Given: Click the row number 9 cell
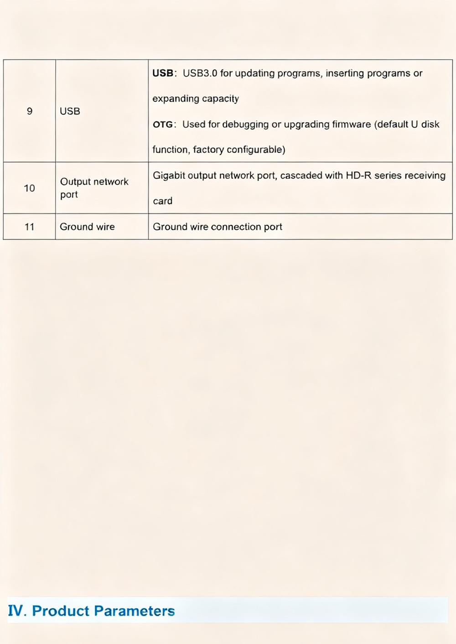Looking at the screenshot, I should coord(30,111).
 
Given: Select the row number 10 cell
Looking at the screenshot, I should coord(30,188).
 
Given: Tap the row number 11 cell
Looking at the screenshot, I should coord(30,227).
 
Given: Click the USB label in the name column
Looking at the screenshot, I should coord(70,111).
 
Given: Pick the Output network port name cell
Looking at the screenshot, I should coord(94,188).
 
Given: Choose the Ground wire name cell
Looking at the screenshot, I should coord(87,227).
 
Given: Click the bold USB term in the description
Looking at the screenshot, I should coord(163,73).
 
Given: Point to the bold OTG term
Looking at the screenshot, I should coord(163,125).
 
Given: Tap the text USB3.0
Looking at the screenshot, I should coord(200,73).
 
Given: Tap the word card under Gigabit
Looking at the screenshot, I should coord(162,201).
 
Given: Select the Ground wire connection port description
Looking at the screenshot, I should coord(218,227).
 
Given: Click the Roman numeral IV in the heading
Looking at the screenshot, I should coord(17,611).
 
